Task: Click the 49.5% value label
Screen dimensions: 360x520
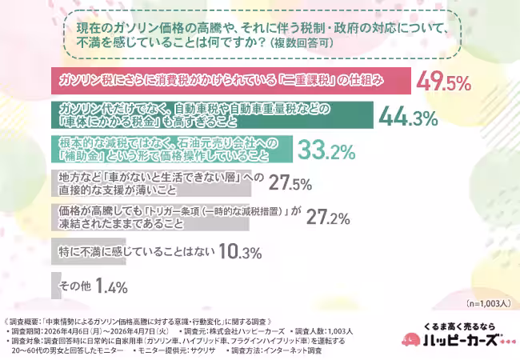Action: coord(446,81)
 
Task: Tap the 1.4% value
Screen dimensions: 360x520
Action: coord(111,285)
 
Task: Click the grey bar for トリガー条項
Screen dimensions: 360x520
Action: coord(149,217)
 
